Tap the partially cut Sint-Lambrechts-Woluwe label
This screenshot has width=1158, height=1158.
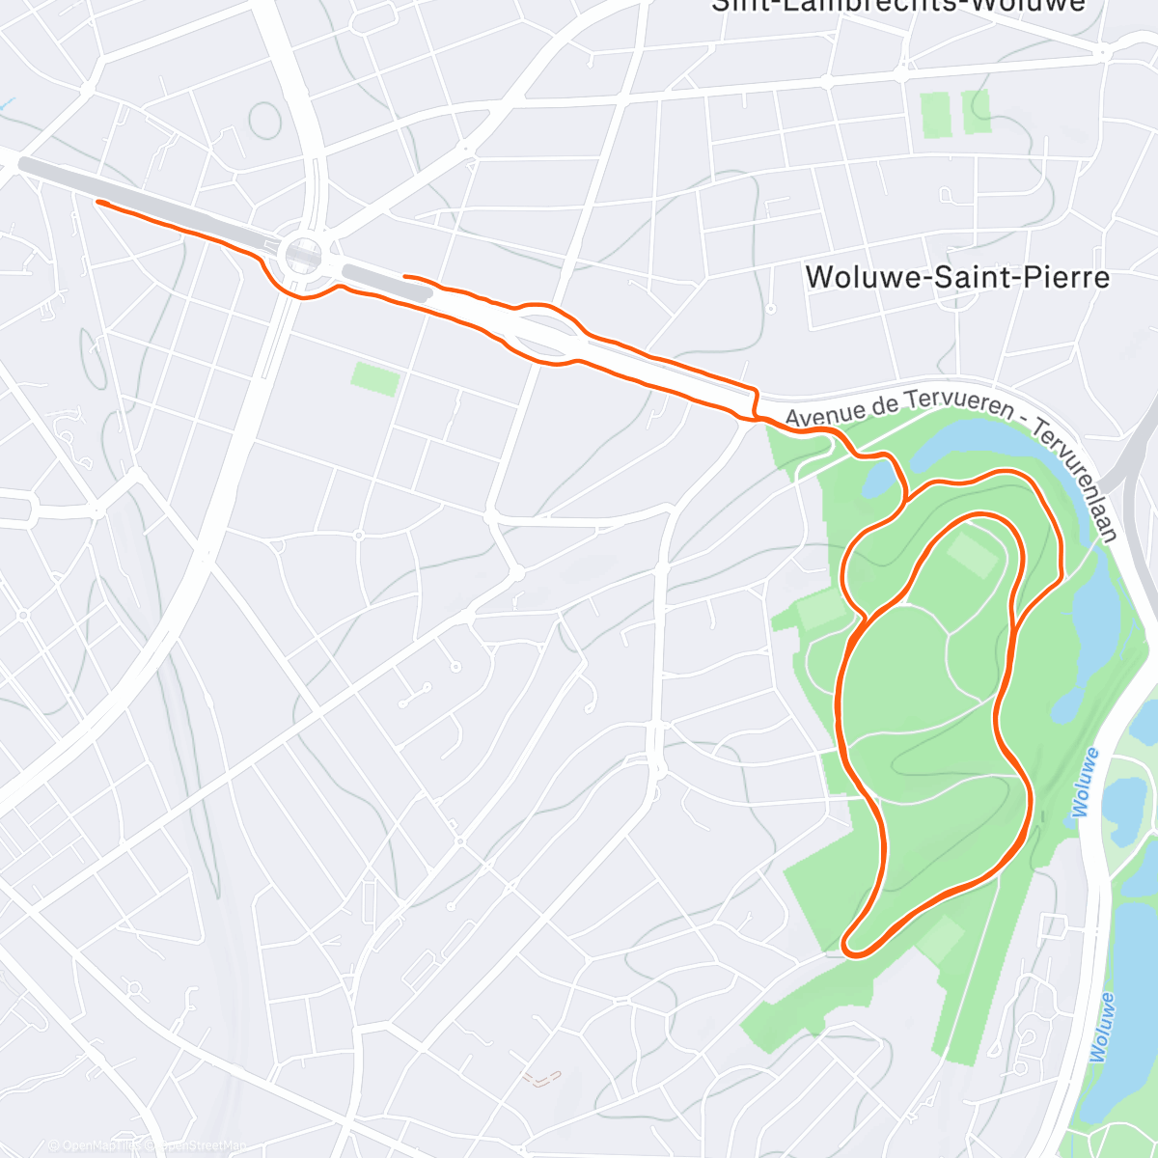tap(897, 6)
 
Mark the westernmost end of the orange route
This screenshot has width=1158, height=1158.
tap(98, 202)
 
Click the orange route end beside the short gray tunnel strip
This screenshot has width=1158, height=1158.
tap(405, 277)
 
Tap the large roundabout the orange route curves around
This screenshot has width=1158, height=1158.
tap(303, 255)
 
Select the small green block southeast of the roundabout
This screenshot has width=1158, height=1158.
tap(374, 378)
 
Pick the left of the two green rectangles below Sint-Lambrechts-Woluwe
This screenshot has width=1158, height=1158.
tap(934, 115)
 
